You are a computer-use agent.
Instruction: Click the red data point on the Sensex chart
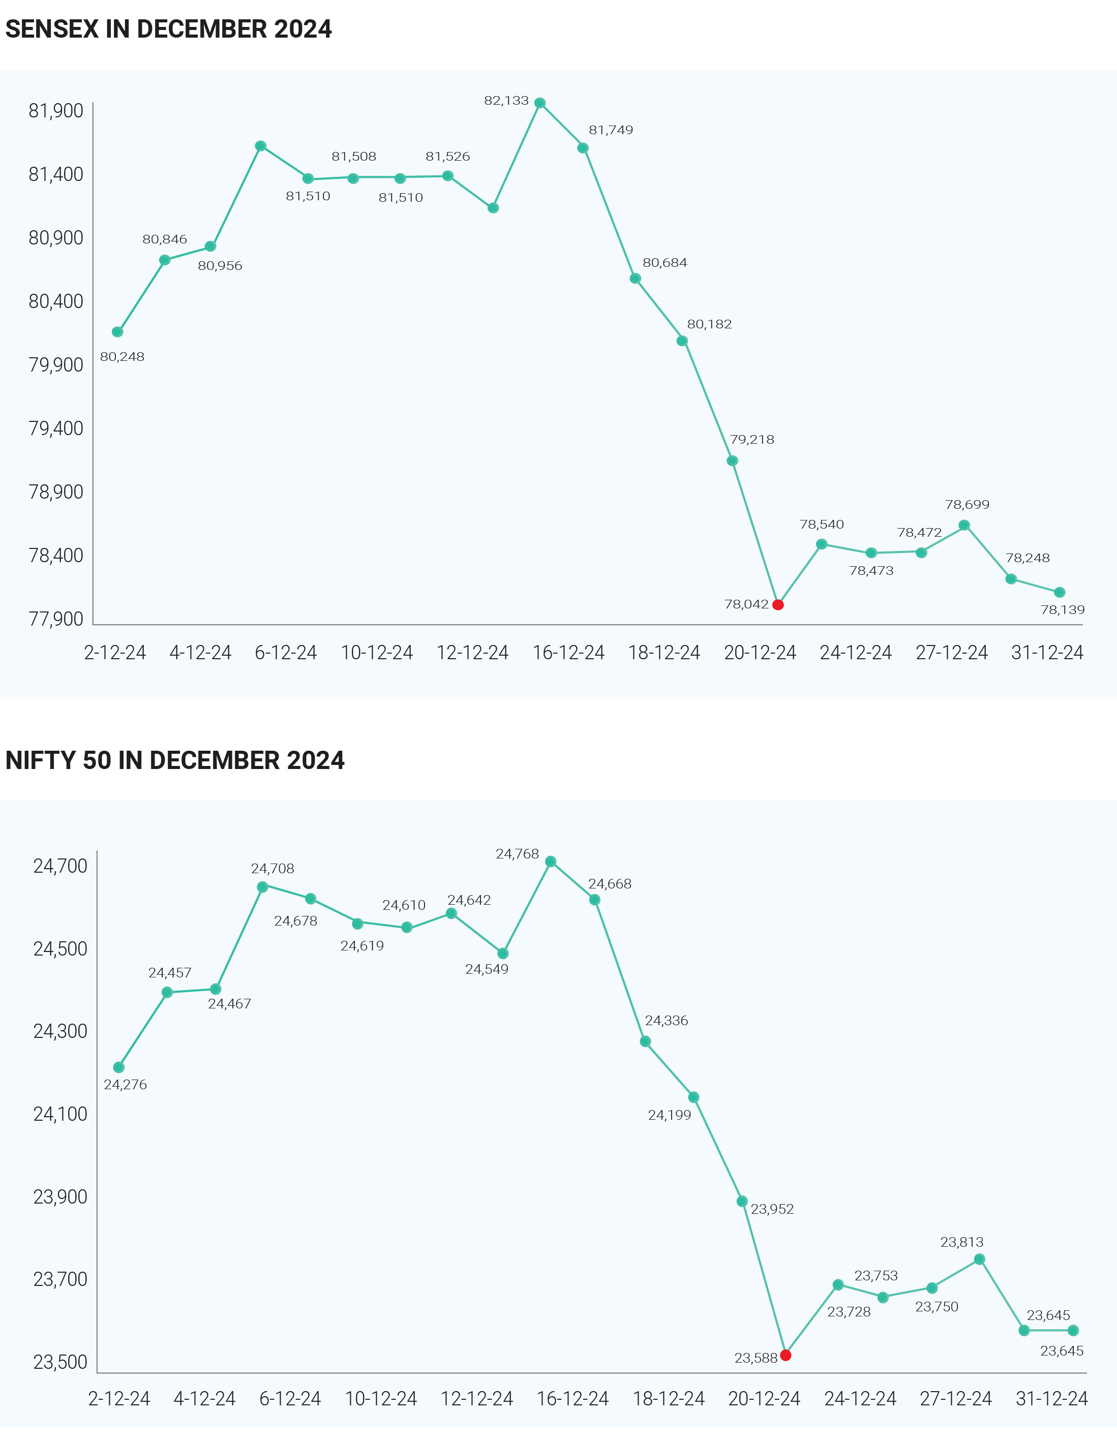[778, 605]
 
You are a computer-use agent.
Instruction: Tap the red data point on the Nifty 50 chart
[786, 1355]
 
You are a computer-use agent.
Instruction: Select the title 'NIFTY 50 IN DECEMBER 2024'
[175, 761]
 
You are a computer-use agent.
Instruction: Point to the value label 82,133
[506, 101]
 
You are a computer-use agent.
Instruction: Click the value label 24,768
[517, 854]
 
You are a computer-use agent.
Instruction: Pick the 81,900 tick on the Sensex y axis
[56, 110]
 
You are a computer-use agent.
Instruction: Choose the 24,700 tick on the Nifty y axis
[60, 866]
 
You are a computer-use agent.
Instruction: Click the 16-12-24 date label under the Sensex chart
[568, 653]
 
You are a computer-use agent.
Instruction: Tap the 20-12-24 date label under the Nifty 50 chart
[764, 1399]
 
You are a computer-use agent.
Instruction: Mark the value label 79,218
[752, 439]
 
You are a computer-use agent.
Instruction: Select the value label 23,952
[772, 1209]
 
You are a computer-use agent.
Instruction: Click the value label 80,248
[122, 357]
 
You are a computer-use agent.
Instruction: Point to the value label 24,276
[125, 1085]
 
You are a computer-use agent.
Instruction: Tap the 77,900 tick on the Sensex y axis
[56, 619]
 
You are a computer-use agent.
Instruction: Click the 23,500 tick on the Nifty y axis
[60, 1362]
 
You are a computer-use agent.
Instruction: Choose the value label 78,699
[967, 505]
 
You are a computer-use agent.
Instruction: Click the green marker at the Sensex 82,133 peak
[540, 103]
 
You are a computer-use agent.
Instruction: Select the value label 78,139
[1062, 610]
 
